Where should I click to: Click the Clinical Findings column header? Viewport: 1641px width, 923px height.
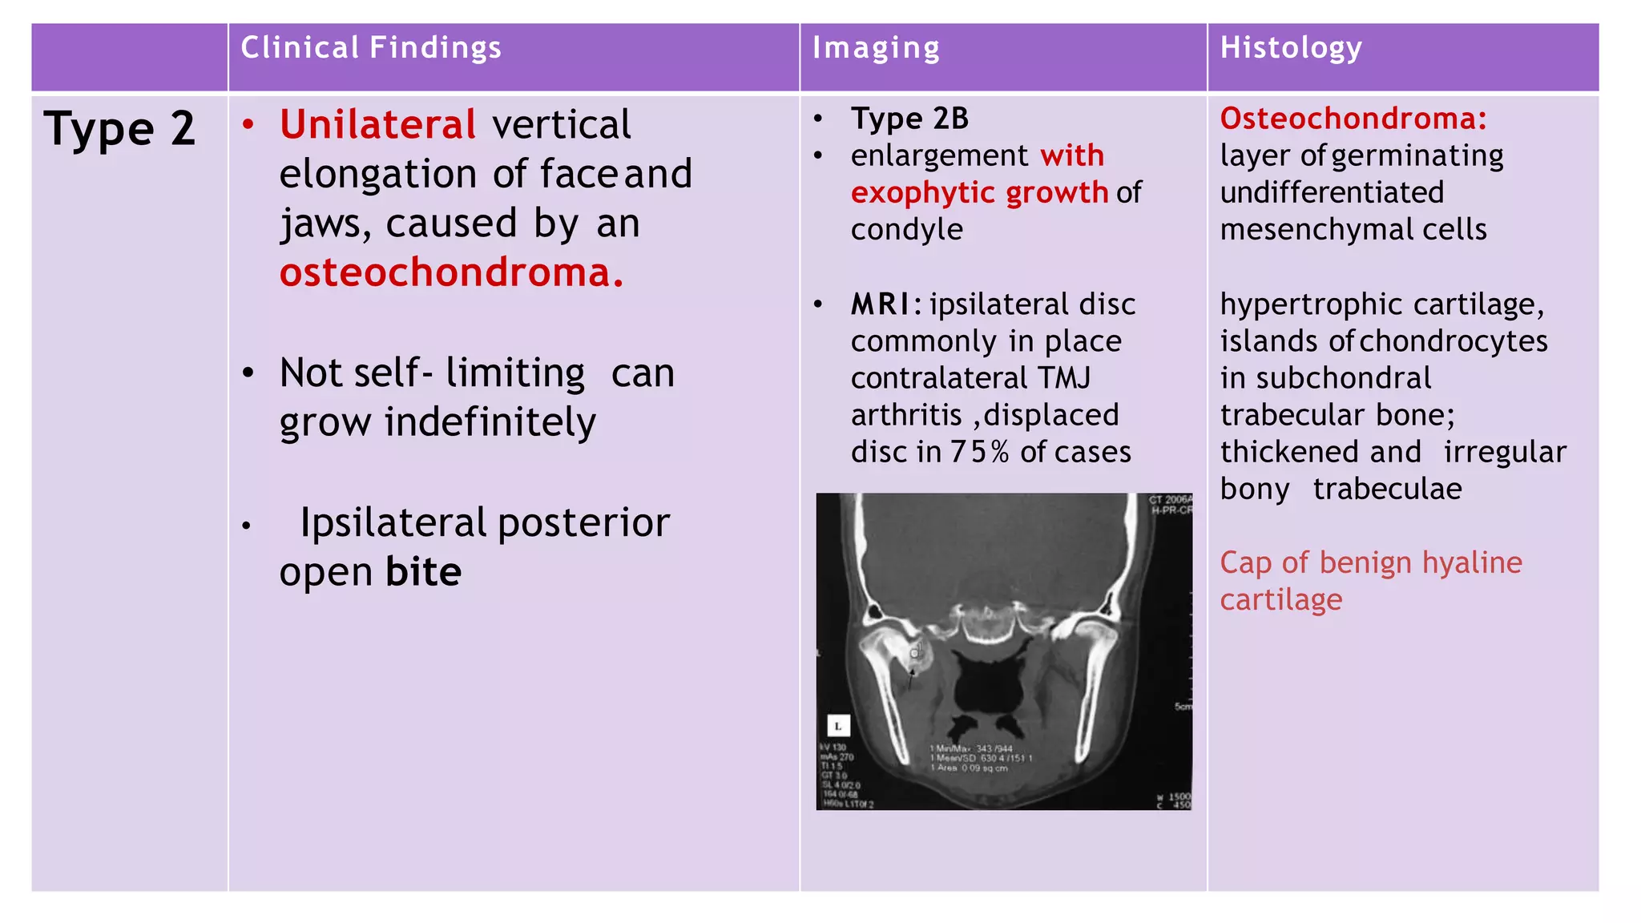coord(371,48)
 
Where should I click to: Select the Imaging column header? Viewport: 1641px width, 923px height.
coord(876,48)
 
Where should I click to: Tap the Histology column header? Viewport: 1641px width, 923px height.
coord(1290,48)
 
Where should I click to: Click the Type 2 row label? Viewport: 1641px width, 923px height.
coord(120,129)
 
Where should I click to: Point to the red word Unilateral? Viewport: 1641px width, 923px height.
coord(378,125)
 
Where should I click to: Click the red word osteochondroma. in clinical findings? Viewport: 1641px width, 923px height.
coord(451,272)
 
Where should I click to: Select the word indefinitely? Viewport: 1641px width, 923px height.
coord(490,422)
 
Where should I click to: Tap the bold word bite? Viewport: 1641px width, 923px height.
coord(423,572)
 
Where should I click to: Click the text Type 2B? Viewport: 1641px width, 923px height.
coord(909,119)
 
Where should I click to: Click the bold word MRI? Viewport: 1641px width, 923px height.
coord(880,304)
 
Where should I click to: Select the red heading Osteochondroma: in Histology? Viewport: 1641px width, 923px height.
coord(1353,119)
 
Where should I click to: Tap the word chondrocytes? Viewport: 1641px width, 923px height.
coord(1454,341)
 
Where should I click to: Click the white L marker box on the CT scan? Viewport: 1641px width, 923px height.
coord(838,726)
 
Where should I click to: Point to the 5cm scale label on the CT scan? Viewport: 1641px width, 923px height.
coord(1183,707)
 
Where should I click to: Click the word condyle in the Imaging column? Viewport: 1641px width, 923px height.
coord(906,230)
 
